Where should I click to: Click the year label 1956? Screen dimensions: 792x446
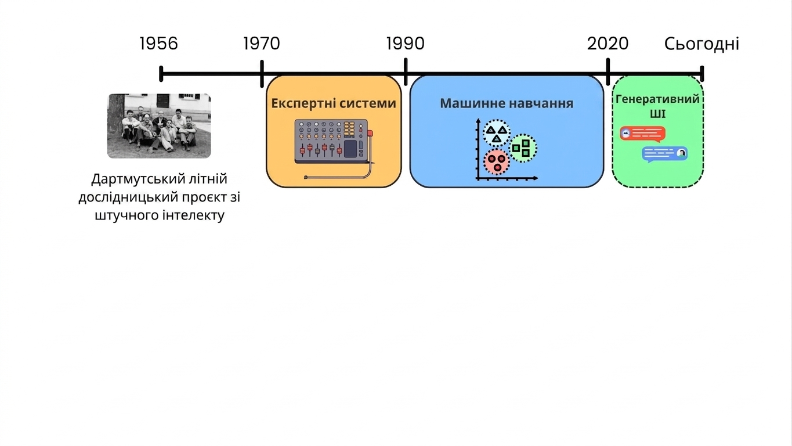click(159, 44)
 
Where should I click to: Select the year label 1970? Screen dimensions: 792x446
click(262, 44)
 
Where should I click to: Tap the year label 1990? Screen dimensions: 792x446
click(405, 44)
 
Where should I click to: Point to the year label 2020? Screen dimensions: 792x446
click(608, 44)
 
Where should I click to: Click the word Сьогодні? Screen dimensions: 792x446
click(702, 44)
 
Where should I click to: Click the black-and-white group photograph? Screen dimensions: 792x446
click(159, 125)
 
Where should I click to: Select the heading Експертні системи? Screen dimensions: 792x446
click(334, 103)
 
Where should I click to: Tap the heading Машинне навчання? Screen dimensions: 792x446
click(507, 103)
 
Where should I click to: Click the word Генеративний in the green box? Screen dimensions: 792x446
click(657, 99)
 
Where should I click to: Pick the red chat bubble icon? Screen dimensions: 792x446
click(642, 134)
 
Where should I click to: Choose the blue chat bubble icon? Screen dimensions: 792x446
click(665, 154)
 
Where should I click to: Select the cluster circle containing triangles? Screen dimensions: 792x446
click(497, 133)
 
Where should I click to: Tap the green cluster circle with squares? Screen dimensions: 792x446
click(523, 148)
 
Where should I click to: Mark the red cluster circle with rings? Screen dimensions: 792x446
click(497, 162)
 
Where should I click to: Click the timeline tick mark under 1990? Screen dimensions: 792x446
click(406, 72)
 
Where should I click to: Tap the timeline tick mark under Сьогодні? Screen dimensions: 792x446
click(702, 74)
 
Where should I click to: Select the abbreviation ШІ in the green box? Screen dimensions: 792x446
click(657, 114)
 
